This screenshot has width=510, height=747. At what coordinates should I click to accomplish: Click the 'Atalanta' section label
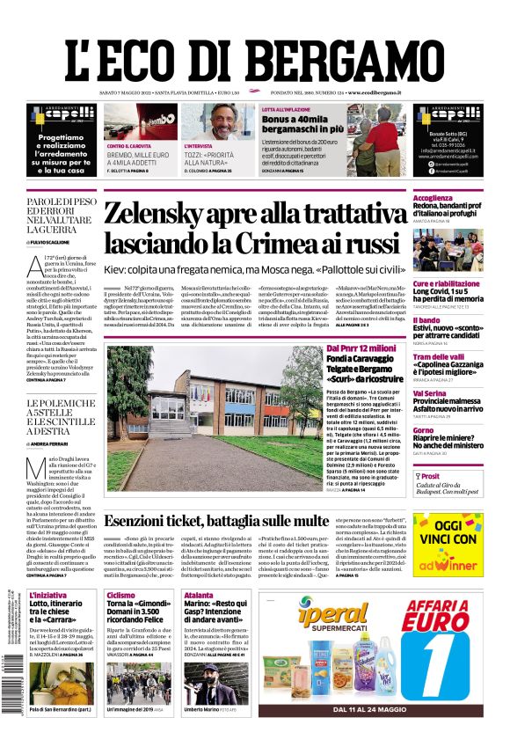coord(199,595)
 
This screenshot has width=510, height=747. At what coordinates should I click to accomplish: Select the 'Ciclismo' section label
coord(120,595)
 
